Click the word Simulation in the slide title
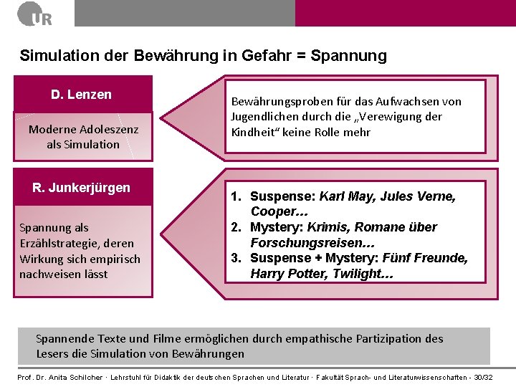pyautogui.click(x=57, y=56)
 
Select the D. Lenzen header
pyautogui.click(x=82, y=95)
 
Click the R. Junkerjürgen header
pyautogui.click(x=82, y=188)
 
